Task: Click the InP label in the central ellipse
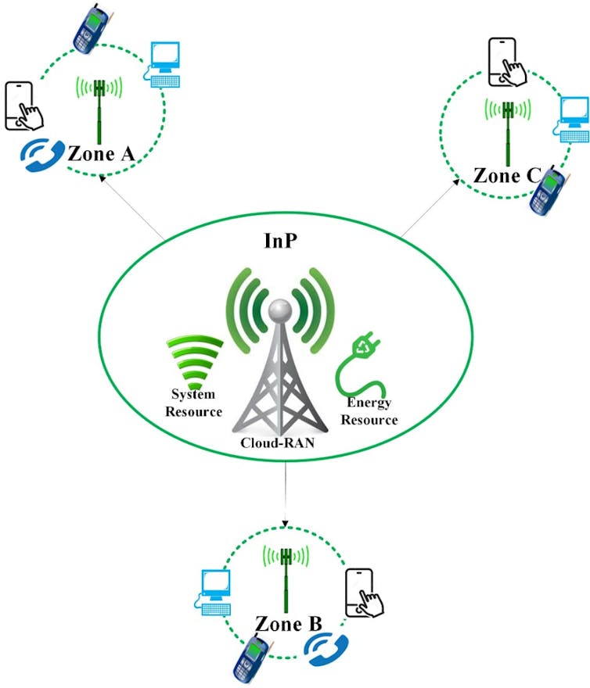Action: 279,240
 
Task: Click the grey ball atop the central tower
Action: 279,312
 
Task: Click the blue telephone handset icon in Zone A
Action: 37,154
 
